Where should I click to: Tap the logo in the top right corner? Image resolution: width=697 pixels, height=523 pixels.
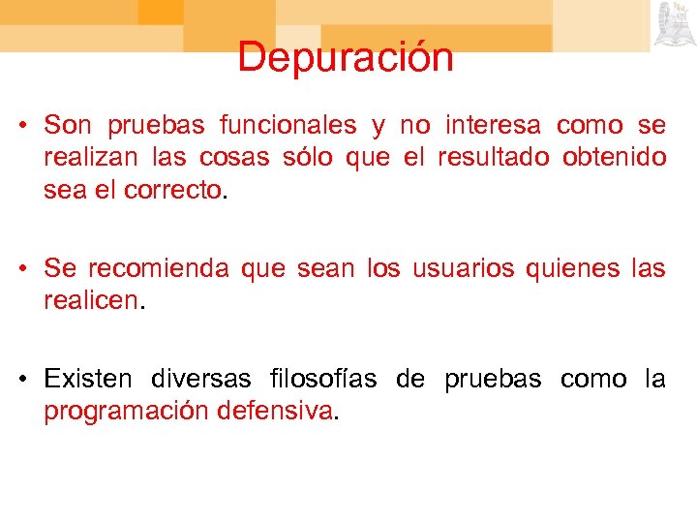tap(675, 24)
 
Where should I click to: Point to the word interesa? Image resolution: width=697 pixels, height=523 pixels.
tap(494, 126)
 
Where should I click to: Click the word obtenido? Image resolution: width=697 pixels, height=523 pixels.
tap(615, 158)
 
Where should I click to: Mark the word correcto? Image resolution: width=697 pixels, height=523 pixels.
tap(173, 191)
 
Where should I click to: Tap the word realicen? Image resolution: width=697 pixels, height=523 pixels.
tap(92, 300)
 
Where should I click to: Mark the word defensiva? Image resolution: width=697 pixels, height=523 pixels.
tap(276, 411)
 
